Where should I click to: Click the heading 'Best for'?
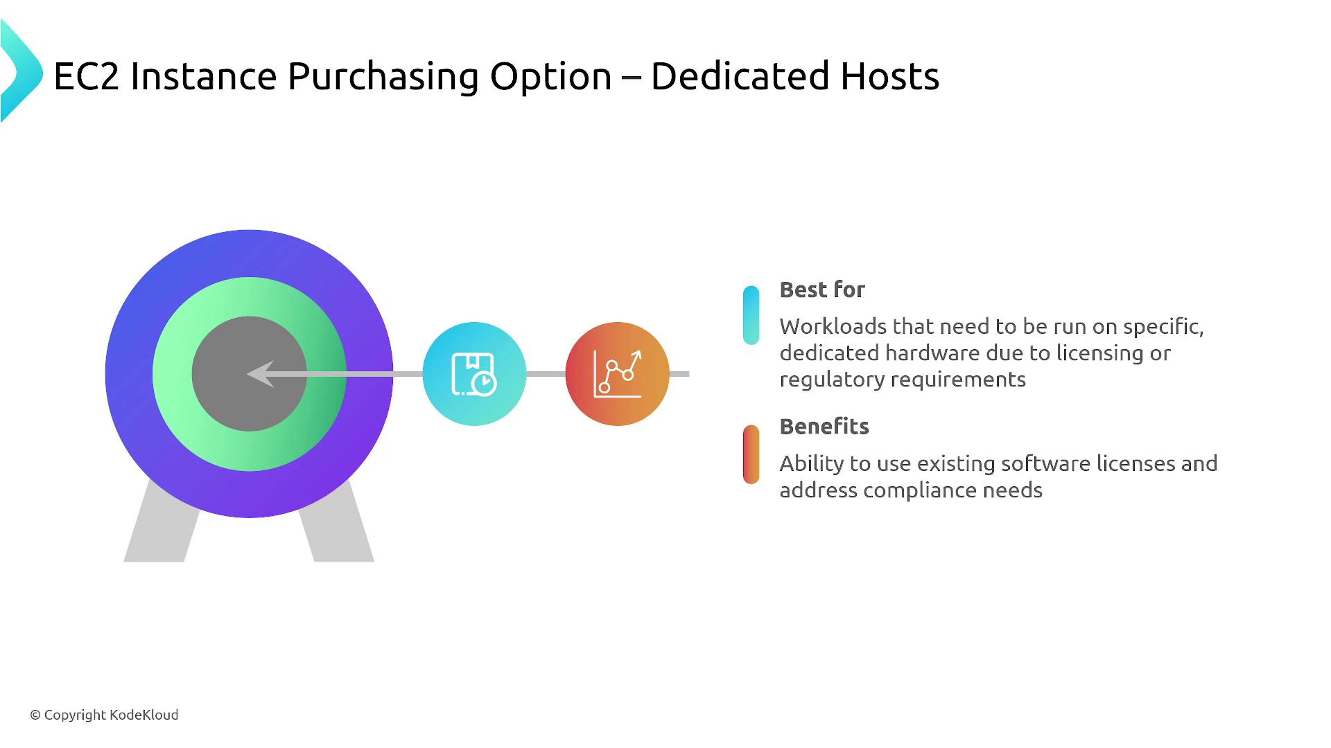(822, 290)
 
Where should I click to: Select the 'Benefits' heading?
(824, 426)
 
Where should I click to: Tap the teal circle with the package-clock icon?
(474, 374)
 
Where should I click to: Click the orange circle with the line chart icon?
(618, 374)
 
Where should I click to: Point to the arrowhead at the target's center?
(261, 374)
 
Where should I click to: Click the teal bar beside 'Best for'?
(751, 315)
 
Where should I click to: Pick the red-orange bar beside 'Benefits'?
(751, 454)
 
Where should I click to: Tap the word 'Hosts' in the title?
(890, 76)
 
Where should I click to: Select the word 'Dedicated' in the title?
(740, 76)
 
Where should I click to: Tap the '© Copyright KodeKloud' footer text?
(104, 715)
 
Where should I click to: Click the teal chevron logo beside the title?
(21, 71)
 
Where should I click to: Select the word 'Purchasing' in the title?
(383, 76)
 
